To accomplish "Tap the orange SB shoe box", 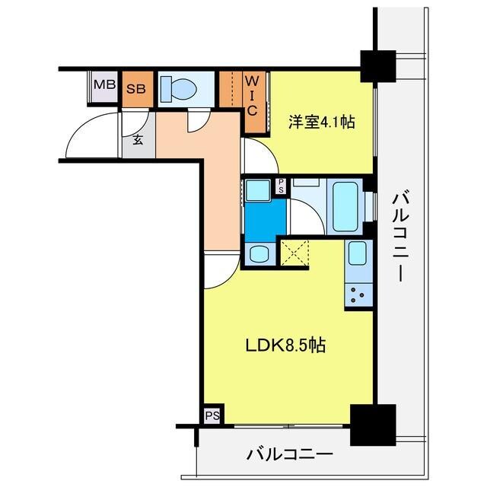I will click(135, 88).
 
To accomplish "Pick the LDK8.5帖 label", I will click(285, 345).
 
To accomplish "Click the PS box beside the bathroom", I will click(280, 186).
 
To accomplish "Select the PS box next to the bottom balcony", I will click(212, 415).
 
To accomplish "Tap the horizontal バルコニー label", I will click(289, 455).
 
